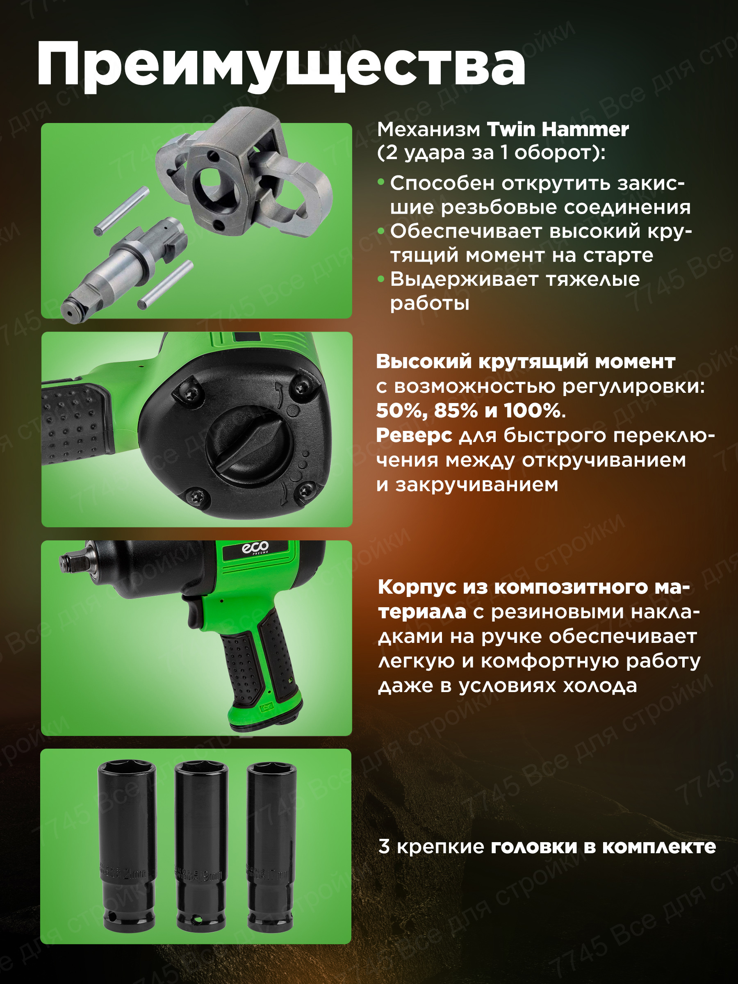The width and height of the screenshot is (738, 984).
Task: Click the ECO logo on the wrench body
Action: (255, 548)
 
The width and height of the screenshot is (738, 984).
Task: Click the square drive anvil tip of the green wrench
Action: (67, 561)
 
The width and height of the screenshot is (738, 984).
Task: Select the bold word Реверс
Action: (414, 435)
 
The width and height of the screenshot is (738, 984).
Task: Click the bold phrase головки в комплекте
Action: (603, 847)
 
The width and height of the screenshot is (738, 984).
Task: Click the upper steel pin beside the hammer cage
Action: (121, 210)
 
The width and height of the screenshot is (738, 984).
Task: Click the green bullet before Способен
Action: (381, 182)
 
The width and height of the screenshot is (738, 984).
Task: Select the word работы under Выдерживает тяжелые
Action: (429, 304)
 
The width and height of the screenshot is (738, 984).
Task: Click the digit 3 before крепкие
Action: (384, 847)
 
